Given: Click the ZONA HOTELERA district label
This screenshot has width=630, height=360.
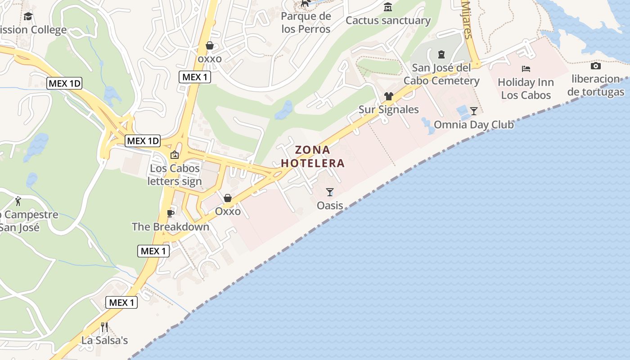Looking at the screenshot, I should click(313, 156).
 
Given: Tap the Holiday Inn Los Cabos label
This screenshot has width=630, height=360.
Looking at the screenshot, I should click(526, 89).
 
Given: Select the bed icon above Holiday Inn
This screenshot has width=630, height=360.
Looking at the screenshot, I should click(526, 69).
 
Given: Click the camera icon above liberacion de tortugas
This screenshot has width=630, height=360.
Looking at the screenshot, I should click(596, 66).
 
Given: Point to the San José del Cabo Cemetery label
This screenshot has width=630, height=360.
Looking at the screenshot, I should click(441, 74).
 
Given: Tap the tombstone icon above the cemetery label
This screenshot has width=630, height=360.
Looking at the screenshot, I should click(441, 54).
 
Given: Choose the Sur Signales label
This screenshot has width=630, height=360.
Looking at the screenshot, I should click(388, 109).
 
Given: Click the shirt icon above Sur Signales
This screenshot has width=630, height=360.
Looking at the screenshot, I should click(388, 96).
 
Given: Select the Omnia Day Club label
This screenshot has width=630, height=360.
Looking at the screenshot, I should click(473, 124).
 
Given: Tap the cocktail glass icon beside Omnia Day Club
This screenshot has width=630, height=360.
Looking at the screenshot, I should click(473, 111).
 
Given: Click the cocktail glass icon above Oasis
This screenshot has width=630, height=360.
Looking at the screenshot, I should click(330, 192).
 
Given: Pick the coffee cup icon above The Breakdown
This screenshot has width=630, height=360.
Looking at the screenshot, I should click(170, 213).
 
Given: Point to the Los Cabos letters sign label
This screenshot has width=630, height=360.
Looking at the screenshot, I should click(175, 175).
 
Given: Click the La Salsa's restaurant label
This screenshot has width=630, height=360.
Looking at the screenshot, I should click(104, 340).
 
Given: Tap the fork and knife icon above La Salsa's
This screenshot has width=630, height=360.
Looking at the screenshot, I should click(104, 326).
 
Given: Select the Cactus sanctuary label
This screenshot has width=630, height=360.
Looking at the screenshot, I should click(388, 20).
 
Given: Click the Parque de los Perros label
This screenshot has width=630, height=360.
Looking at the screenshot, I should click(306, 22).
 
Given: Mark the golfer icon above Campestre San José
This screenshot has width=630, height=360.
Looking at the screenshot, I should click(18, 201).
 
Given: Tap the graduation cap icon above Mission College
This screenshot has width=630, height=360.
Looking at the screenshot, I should click(28, 17).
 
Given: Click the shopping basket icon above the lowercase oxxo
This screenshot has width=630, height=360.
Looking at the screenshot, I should click(209, 45).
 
